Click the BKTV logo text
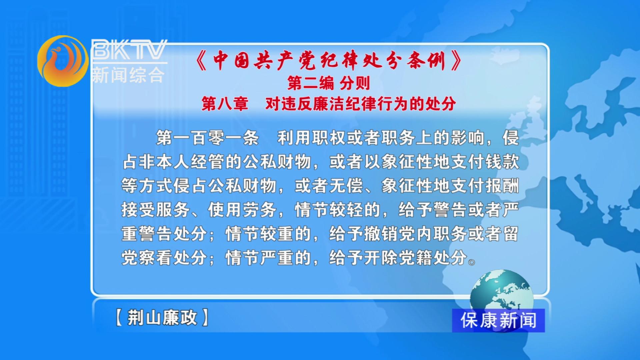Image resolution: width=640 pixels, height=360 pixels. tap(129, 50)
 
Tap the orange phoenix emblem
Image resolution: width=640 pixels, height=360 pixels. tap(62, 61)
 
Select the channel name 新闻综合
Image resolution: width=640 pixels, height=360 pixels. tap(128, 75)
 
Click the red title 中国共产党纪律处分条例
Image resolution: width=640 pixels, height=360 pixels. tap(329, 61)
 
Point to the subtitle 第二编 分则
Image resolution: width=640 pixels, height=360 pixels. tap(329, 83)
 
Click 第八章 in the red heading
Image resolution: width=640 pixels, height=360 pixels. tap(225, 104)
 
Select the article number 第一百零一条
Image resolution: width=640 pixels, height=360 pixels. tap(207, 138)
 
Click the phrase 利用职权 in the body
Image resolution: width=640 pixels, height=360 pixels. tap(312, 138)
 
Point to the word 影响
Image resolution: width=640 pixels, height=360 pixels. tap(467, 138)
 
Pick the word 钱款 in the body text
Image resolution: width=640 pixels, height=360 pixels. tap(502, 162)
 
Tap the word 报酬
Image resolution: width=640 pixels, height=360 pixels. tap(502, 186)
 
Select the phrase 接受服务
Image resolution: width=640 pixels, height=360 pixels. tap(156, 210)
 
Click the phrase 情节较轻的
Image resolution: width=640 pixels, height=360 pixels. tap(337, 210)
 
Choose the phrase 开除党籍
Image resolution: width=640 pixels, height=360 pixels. tap(398, 258)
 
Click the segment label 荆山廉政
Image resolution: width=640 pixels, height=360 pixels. tap(162, 317)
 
